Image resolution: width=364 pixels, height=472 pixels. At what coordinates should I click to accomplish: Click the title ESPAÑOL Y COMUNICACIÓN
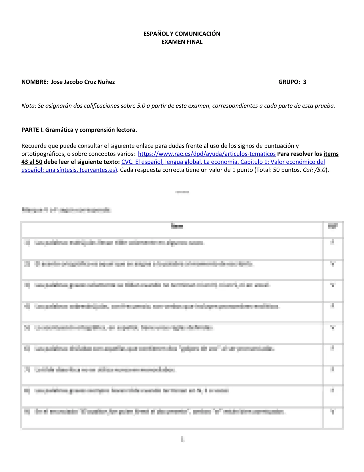click(x=182, y=34)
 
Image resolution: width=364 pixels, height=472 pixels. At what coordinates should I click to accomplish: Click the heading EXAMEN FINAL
click(x=182, y=42)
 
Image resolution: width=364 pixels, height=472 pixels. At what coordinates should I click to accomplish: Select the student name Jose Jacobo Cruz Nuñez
click(x=83, y=82)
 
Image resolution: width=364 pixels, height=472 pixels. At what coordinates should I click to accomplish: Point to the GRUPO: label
click(x=289, y=82)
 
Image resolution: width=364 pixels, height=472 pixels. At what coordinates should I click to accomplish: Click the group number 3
click(x=305, y=82)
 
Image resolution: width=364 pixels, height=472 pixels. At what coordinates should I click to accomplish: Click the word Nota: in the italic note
click(x=29, y=106)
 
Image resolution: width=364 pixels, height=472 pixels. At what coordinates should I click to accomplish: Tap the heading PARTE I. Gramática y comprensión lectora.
click(x=79, y=130)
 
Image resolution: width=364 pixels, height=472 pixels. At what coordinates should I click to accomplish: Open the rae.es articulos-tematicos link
click(x=207, y=154)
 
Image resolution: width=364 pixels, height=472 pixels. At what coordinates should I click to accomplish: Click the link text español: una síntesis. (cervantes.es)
click(x=69, y=170)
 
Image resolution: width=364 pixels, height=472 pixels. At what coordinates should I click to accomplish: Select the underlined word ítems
click(x=331, y=154)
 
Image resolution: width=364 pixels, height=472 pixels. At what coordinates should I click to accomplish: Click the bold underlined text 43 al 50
click(x=32, y=162)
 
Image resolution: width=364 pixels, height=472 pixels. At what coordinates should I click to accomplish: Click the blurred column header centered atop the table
click(x=177, y=226)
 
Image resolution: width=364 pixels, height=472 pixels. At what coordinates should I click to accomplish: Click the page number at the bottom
click(x=183, y=439)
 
